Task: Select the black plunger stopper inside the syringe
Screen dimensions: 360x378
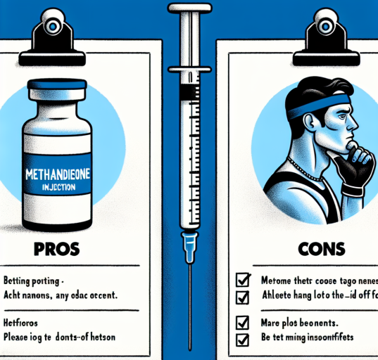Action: point(188,92)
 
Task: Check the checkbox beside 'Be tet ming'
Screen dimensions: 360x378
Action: point(242,341)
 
